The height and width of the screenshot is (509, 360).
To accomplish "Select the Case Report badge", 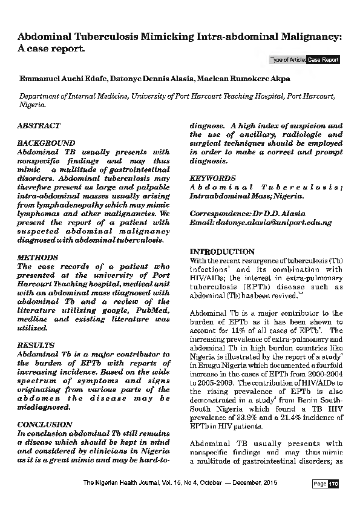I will (x=323, y=60).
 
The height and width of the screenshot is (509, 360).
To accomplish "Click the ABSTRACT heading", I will (x=39, y=125).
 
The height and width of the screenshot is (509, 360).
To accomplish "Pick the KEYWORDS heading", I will (x=212, y=179).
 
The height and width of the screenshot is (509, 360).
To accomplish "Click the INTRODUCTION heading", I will (x=222, y=251).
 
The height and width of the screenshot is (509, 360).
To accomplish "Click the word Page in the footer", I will (x=319, y=484).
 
